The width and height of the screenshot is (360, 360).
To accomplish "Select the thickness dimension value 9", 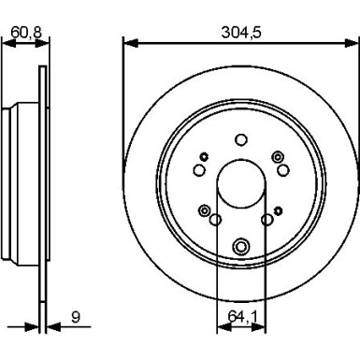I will point(76,317).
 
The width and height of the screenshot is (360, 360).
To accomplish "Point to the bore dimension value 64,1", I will point(242,317).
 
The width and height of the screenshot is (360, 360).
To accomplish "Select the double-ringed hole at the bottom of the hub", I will point(242,247).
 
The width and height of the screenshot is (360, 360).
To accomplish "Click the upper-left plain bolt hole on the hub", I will point(198,169).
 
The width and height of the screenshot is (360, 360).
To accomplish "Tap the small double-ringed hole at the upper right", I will point(276,157).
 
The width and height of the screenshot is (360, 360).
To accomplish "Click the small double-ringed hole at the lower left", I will point(204,209).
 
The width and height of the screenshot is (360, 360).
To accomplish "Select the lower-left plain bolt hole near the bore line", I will point(215,220).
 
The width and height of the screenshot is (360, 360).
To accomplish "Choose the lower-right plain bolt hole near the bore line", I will point(268,220).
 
